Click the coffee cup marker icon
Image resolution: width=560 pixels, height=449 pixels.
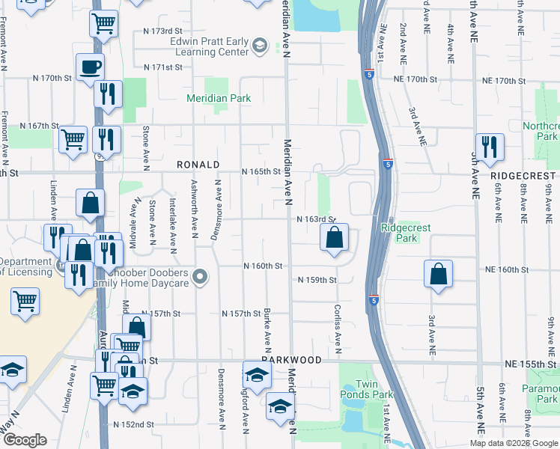click(x=90, y=67)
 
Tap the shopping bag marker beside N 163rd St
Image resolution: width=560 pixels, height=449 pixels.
click(x=335, y=239)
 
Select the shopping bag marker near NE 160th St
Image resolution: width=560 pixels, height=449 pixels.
click(x=438, y=274)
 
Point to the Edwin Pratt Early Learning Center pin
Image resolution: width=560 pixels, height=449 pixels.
click(x=260, y=46)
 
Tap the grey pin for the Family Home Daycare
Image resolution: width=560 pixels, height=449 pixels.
click(x=199, y=278)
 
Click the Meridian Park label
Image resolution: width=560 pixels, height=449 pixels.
click(x=219, y=98)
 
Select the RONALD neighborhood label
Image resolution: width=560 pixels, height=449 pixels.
click(x=198, y=164)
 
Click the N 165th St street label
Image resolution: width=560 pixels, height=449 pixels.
click(x=261, y=171)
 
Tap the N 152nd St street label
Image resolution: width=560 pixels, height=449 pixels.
click(x=133, y=424)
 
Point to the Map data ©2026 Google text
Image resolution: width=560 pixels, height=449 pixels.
click(x=514, y=443)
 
